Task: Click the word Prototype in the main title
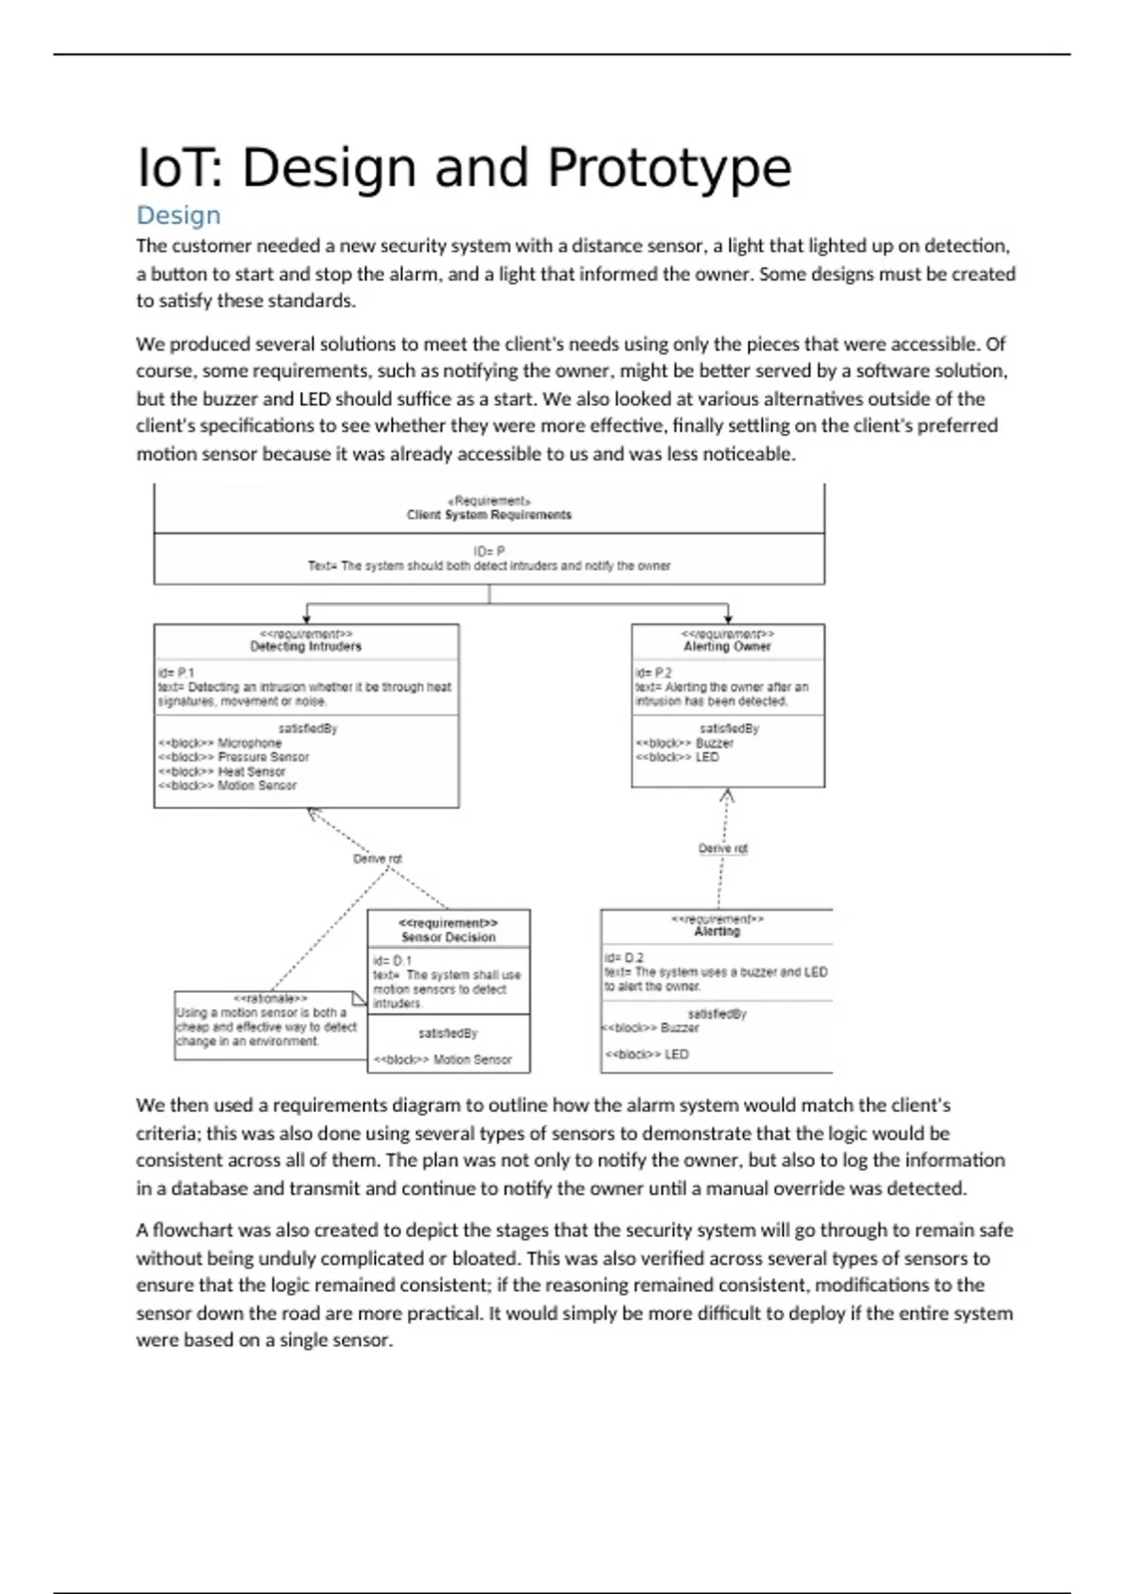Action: coord(668,169)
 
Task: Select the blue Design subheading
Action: coord(178,216)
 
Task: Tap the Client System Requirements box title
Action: coord(488,515)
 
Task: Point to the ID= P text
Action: coord(488,551)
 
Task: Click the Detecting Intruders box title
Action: coord(306,646)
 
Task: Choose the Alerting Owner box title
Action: coord(727,646)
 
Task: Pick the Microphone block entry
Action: coord(248,743)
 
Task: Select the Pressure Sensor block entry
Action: coord(262,757)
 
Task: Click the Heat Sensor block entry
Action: coord(250,772)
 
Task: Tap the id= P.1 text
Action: coord(176,672)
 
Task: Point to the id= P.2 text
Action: coord(653,672)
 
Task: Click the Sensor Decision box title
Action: coord(448,937)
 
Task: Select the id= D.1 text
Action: coord(392,960)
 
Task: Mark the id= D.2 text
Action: coord(624,957)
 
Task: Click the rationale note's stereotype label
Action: coord(270,999)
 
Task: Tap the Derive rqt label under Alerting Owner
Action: coord(723,849)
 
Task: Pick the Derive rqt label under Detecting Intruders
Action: coord(377,859)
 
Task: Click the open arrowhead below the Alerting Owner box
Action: coord(727,796)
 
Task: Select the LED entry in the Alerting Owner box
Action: coord(707,757)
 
